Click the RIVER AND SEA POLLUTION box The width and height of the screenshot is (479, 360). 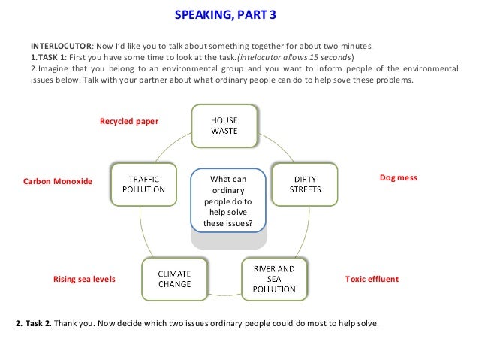[x=274, y=278]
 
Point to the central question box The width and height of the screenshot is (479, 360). [x=227, y=201]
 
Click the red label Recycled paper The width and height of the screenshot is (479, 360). [x=129, y=121]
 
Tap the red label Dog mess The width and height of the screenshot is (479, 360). [x=398, y=177]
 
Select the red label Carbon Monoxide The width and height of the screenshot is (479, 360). [x=58, y=182]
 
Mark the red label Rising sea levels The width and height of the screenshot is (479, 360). [x=84, y=279]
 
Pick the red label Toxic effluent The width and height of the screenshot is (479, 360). [x=372, y=279]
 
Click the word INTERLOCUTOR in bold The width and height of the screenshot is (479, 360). [x=60, y=44]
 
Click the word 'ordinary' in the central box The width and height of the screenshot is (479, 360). [x=227, y=191]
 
